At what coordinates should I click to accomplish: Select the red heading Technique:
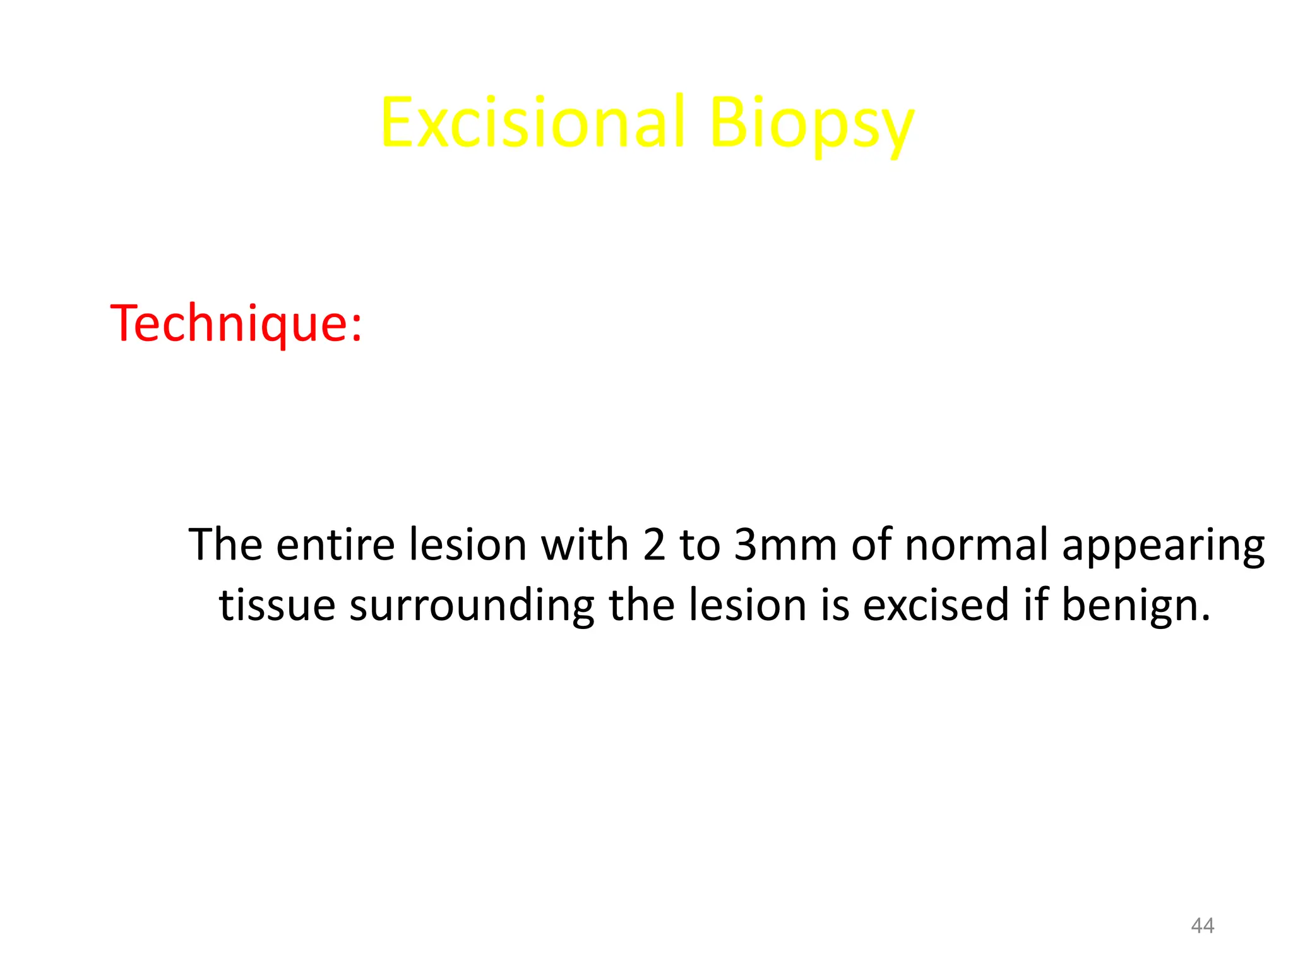236,323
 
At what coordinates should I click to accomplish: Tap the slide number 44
1202,926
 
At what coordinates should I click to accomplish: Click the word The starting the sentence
225,544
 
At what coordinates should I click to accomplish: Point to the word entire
335,544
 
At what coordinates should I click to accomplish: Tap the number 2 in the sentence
655,546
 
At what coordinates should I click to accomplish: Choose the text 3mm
785,546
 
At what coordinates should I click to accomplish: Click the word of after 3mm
871,544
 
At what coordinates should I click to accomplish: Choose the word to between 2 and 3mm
699,546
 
